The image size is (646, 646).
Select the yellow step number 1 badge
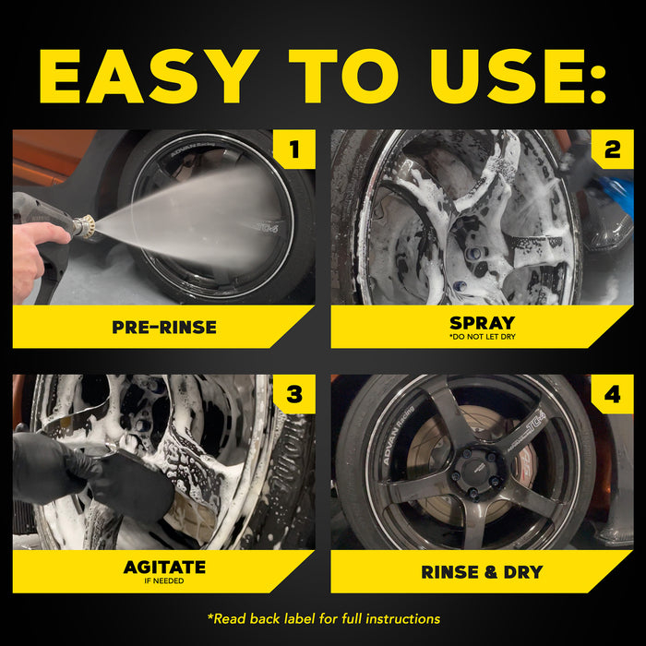(x=293, y=150)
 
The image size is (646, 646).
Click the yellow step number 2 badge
(x=612, y=150)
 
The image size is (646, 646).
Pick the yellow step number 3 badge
(x=293, y=395)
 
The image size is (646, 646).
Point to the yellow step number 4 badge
(x=612, y=395)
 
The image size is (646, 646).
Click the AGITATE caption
(x=164, y=567)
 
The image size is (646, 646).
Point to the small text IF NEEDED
(x=164, y=581)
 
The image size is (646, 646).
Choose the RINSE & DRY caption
(x=482, y=572)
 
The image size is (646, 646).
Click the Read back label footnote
(x=323, y=618)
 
